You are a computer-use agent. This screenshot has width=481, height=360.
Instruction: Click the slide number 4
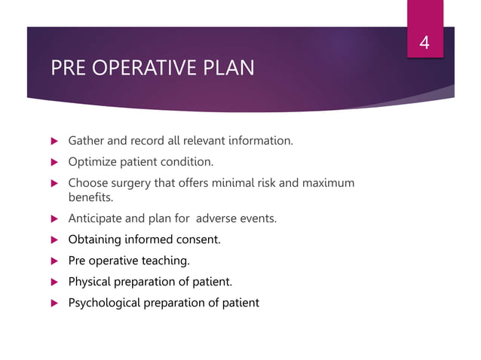pos(424,42)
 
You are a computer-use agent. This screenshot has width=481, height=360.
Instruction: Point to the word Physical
pos(90,282)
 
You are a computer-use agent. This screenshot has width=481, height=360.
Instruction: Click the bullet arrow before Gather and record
pos(53,141)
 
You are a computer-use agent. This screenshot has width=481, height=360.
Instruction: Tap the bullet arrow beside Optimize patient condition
pos(53,162)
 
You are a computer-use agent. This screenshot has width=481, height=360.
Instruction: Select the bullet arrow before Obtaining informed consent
pos(53,239)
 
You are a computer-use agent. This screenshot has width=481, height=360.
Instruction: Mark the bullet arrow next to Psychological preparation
pos(53,303)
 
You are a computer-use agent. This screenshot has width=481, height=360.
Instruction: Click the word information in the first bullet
pos(261,141)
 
